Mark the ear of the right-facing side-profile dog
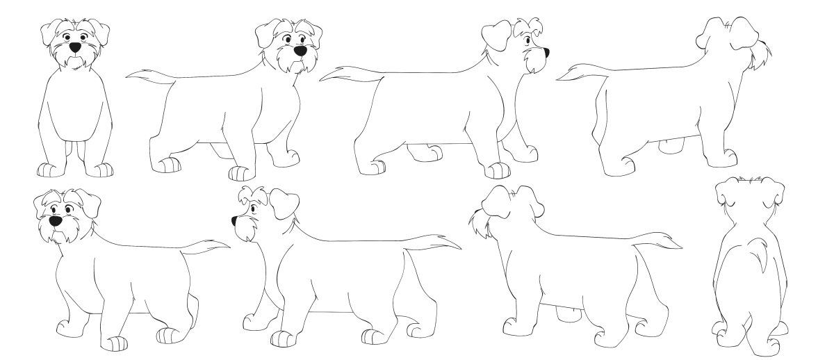click(496, 33)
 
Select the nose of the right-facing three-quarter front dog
click(300, 51)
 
